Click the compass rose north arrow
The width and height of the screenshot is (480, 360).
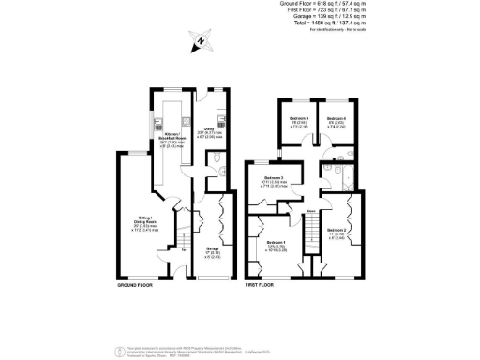(202, 41)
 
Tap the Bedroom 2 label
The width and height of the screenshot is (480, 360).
(337, 232)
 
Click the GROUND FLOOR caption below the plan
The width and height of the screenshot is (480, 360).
(136, 284)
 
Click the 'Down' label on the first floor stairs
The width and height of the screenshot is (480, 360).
(309, 212)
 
